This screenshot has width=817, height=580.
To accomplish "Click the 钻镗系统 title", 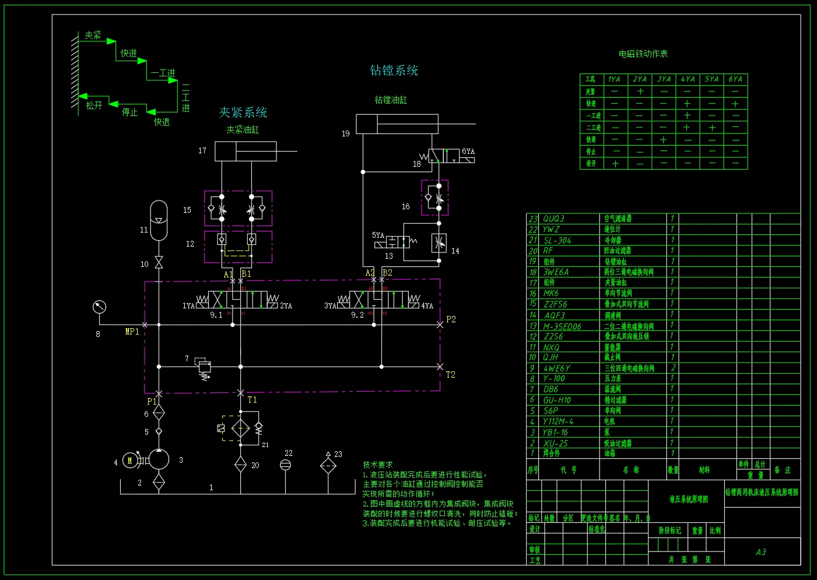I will coord(394,71).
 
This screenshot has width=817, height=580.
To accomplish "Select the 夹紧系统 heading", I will coord(243,113).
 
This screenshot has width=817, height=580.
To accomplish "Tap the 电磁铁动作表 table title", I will coord(643,54).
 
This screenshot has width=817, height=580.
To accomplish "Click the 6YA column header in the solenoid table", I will coord(735,79).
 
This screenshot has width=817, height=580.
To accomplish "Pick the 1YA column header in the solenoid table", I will coord(614,79).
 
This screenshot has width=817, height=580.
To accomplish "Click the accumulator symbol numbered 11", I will coord(159,220).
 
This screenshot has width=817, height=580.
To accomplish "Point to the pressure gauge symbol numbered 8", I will coord(100,307).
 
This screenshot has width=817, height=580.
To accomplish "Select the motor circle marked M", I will coord(130,461).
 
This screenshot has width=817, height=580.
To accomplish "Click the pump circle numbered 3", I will coord(159,459).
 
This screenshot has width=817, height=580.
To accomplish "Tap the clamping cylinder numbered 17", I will coord(246,152).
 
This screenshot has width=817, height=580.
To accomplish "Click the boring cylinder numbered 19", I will coord(397,124).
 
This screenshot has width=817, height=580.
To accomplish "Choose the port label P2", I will coord(451,319).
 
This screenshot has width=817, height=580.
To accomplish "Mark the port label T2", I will coord(450,375).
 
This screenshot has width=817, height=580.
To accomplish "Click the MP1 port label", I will coord(132,332).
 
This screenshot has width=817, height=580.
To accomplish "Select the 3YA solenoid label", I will coord(330,305).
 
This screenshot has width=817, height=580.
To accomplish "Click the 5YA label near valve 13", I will coord(378,235).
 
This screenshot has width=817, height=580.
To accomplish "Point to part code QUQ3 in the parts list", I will coord(553,219).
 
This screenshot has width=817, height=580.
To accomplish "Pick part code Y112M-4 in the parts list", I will coord(558,421).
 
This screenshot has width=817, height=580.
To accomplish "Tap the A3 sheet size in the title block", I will coord(761,552).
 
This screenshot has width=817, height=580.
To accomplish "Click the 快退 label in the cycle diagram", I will coord(162,122).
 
